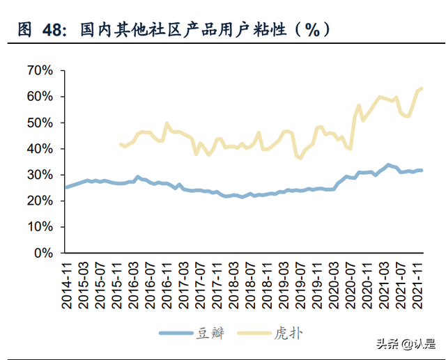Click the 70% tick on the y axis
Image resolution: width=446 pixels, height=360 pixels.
[39, 70]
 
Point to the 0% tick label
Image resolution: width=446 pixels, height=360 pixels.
[44, 253]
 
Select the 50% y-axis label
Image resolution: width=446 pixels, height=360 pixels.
[39, 123]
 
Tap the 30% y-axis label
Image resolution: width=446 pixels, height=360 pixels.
[39, 175]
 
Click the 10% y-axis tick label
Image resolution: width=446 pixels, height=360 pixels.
[39, 227]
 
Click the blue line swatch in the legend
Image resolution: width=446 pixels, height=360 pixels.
[176, 334]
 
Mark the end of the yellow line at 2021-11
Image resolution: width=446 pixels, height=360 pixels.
[422, 88]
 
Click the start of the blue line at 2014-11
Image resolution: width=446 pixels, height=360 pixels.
[66, 187]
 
